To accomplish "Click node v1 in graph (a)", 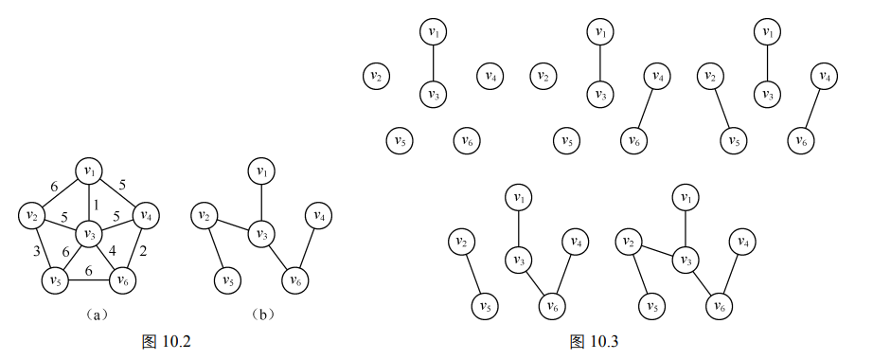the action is pyautogui.click(x=89, y=171).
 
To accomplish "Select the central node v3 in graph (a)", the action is pyautogui.click(x=89, y=234).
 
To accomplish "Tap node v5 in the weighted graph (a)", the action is pyautogui.click(x=55, y=280).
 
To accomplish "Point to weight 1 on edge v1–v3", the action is pyautogui.click(x=96, y=205).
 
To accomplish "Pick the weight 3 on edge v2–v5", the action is pyautogui.click(x=36, y=250).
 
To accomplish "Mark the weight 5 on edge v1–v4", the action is pyautogui.click(x=123, y=185).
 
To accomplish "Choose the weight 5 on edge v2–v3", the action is pyautogui.click(x=64, y=215).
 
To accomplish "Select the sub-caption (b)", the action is pyautogui.click(x=263, y=315).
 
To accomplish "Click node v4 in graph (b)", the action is pyautogui.click(x=318, y=215).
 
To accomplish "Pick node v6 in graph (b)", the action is pyautogui.click(x=295, y=280).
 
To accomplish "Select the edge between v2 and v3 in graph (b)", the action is pyautogui.click(x=233, y=225).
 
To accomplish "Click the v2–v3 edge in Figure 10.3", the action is pyautogui.click(x=657, y=251).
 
